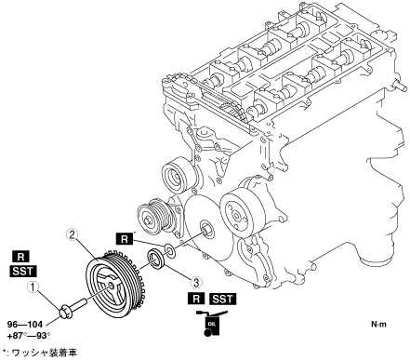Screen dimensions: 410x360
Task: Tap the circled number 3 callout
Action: tap(196, 282)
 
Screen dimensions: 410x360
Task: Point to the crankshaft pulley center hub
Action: tap(111, 287)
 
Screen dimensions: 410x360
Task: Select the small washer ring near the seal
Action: tap(169, 249)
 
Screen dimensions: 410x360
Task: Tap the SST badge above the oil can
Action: tap(223, 299)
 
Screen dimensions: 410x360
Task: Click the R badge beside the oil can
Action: tap(196, 299)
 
